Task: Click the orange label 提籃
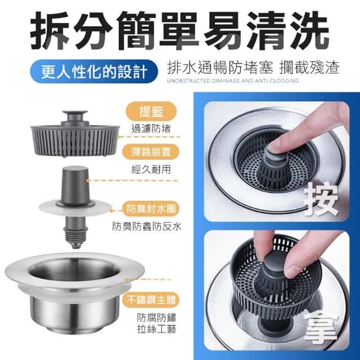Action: [x=151, y=112]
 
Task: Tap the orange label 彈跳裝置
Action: [x=151, y=152]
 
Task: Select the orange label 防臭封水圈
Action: [x=151, y=209]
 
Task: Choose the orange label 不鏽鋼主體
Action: [x=151, y=300]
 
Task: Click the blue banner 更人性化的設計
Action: [x=94, y=71]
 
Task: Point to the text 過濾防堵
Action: [x=151, y=129]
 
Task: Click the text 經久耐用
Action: [x=151, y=170]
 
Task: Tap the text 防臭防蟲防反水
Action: [x=147, y=226]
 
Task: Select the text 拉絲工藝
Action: [x=157, y=329]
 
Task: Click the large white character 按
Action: [x=321, y=199]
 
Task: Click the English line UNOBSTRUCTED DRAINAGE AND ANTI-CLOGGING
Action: [x=233, y=81]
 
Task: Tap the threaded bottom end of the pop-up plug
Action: [x=75, y=237]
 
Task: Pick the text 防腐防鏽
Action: [x=157, y=317]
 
